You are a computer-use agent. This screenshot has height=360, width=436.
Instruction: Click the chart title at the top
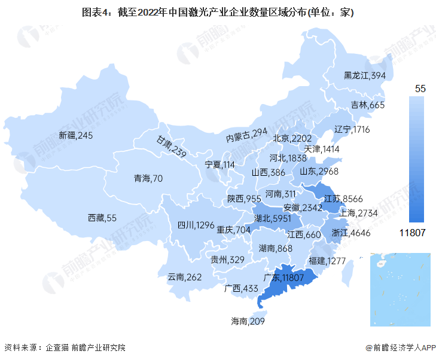click(x=218, y=11)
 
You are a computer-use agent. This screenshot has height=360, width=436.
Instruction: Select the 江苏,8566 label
click(x=343, y=199)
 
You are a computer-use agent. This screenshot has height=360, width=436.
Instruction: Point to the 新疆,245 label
click(x=76, y=136)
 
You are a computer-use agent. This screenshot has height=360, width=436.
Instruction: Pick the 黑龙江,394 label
click(x=364, y=75)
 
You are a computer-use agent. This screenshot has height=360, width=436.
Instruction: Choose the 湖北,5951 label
click(x=272, y=219)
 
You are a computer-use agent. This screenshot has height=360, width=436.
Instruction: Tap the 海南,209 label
click(x=248, y=321)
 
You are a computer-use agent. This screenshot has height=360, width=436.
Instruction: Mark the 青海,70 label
click(x=148, y=178)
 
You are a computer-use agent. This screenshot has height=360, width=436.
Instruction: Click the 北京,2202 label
click(x=292, y=138)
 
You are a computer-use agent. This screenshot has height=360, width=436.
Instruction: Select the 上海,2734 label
click(x=358, y=213)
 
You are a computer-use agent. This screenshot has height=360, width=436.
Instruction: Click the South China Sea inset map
click(x=400, y=289)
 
